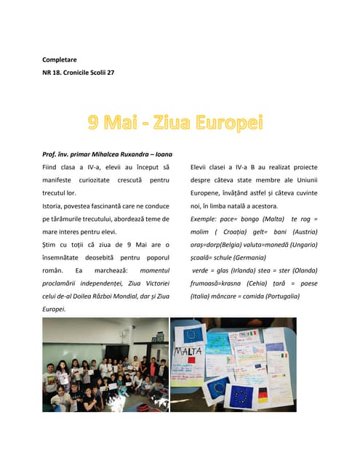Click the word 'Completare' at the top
click(x=60, y=60)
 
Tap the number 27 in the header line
click(x=110, y=73)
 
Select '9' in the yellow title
click(x=94, y=123)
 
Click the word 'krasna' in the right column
click(x=236, y=283)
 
